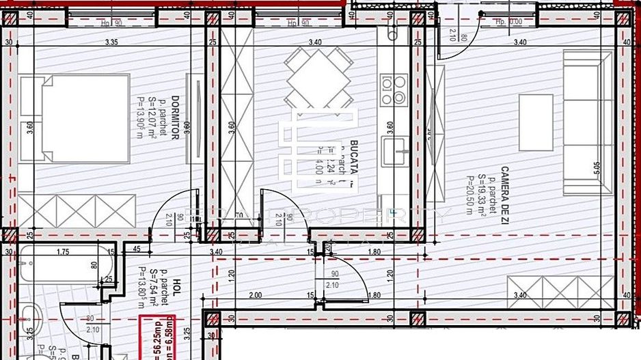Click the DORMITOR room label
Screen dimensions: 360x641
[175, 117]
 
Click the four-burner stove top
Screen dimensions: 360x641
[394, 90]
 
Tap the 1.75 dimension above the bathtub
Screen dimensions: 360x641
[63, 252]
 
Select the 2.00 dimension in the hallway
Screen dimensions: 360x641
[255, 295]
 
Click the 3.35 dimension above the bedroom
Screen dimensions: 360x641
[111, 42]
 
